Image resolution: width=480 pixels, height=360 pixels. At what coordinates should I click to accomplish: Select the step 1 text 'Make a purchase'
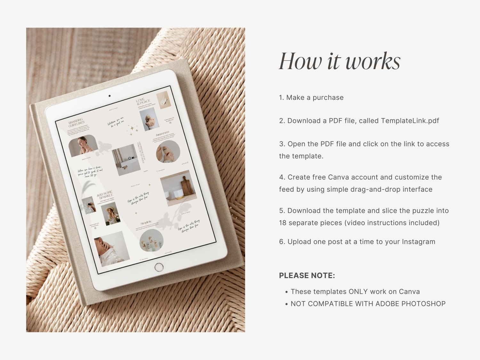click(315, 98)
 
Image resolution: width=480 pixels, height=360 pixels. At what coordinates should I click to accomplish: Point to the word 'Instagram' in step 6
click(419, 242)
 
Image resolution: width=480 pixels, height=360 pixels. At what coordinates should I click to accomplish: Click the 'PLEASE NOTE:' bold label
click(307, 276)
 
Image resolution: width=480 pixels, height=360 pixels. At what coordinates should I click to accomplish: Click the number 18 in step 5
click(283, 223)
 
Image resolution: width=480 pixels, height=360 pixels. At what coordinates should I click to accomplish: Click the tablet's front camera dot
click(109, 96)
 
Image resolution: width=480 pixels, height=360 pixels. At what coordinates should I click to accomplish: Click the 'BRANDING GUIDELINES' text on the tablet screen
click(76, 122)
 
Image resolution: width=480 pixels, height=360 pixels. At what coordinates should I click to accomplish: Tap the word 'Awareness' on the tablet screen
click(163, 133)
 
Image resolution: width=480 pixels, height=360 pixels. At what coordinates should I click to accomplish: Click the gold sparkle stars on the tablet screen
click(132, 129)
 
